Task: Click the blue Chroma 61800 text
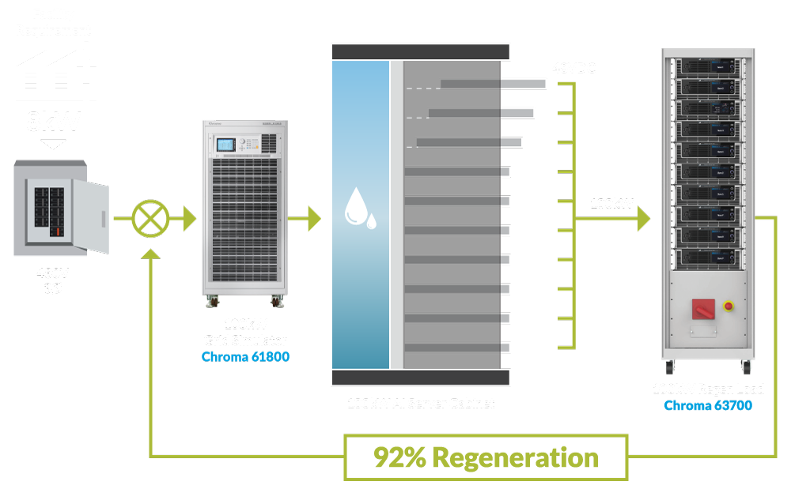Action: [245, 357]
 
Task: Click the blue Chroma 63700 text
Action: [707, 405]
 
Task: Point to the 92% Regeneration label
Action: [486, 457]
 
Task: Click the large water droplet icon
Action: [355, 206]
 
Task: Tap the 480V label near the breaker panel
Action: [53, 273]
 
